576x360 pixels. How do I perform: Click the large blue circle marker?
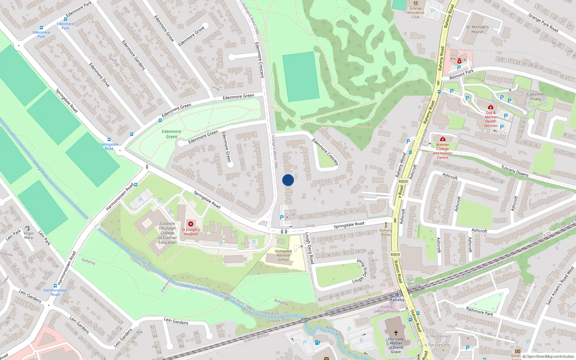pyautogui.click(x=288, y=180)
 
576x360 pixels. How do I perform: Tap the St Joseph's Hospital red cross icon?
pyautogui.click(x=191, y=224)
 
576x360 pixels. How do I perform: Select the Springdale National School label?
pyautogui.click(x=283, y=255)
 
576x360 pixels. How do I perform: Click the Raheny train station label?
pyautogui.click(x=397, y=300)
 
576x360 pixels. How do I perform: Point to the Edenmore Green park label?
pyautogui.click(x=171, y=134)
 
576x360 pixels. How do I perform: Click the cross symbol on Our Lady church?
pyautogui.click(x=396, y=333)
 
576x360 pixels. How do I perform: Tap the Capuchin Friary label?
pyautogui.click(x=535, y=96)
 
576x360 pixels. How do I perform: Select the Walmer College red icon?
pyautogui.click(x=443, y=139)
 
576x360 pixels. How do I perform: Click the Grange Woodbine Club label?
pyautogui.click(x=415, y=13)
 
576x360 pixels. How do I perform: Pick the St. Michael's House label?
pyautogui.click(x=477, y=29)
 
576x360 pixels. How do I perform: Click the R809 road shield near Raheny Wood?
pyautogui.click(x=403, y=181)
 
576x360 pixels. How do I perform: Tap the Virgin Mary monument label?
pyautogui.click(x=28, y=235)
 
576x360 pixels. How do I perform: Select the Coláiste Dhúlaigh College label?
pyautogui.click(x=167, y=233)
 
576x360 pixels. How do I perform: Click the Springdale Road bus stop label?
pyautogui.click(x=109, y=147)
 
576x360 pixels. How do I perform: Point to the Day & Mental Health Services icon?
pyautogui.click(x=490, y=107)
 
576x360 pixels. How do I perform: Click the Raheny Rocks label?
pyautogui.click(x=386, y=233)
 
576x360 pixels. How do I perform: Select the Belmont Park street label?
pyautogui.click(x=462, y=75)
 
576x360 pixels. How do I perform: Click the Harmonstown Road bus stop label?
pyautogui.click(x=55, y=292)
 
